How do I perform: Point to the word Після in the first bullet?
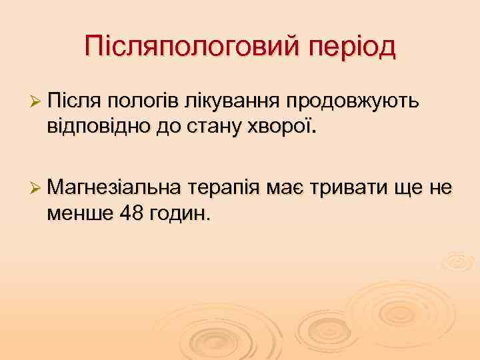[73, 101]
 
